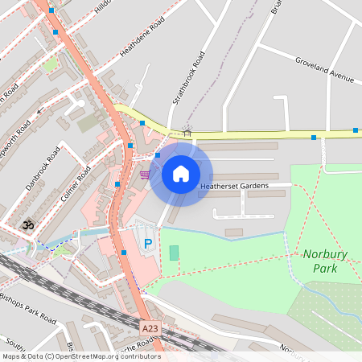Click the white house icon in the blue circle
click(181, 174)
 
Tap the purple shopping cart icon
click(144, 174)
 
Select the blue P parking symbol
click(147, 244)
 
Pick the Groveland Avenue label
click(324, 70)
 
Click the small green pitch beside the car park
click(175, 253)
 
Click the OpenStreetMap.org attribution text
click(81, 356)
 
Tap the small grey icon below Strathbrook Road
click(187, 132)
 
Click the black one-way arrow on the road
click(39, 112)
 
